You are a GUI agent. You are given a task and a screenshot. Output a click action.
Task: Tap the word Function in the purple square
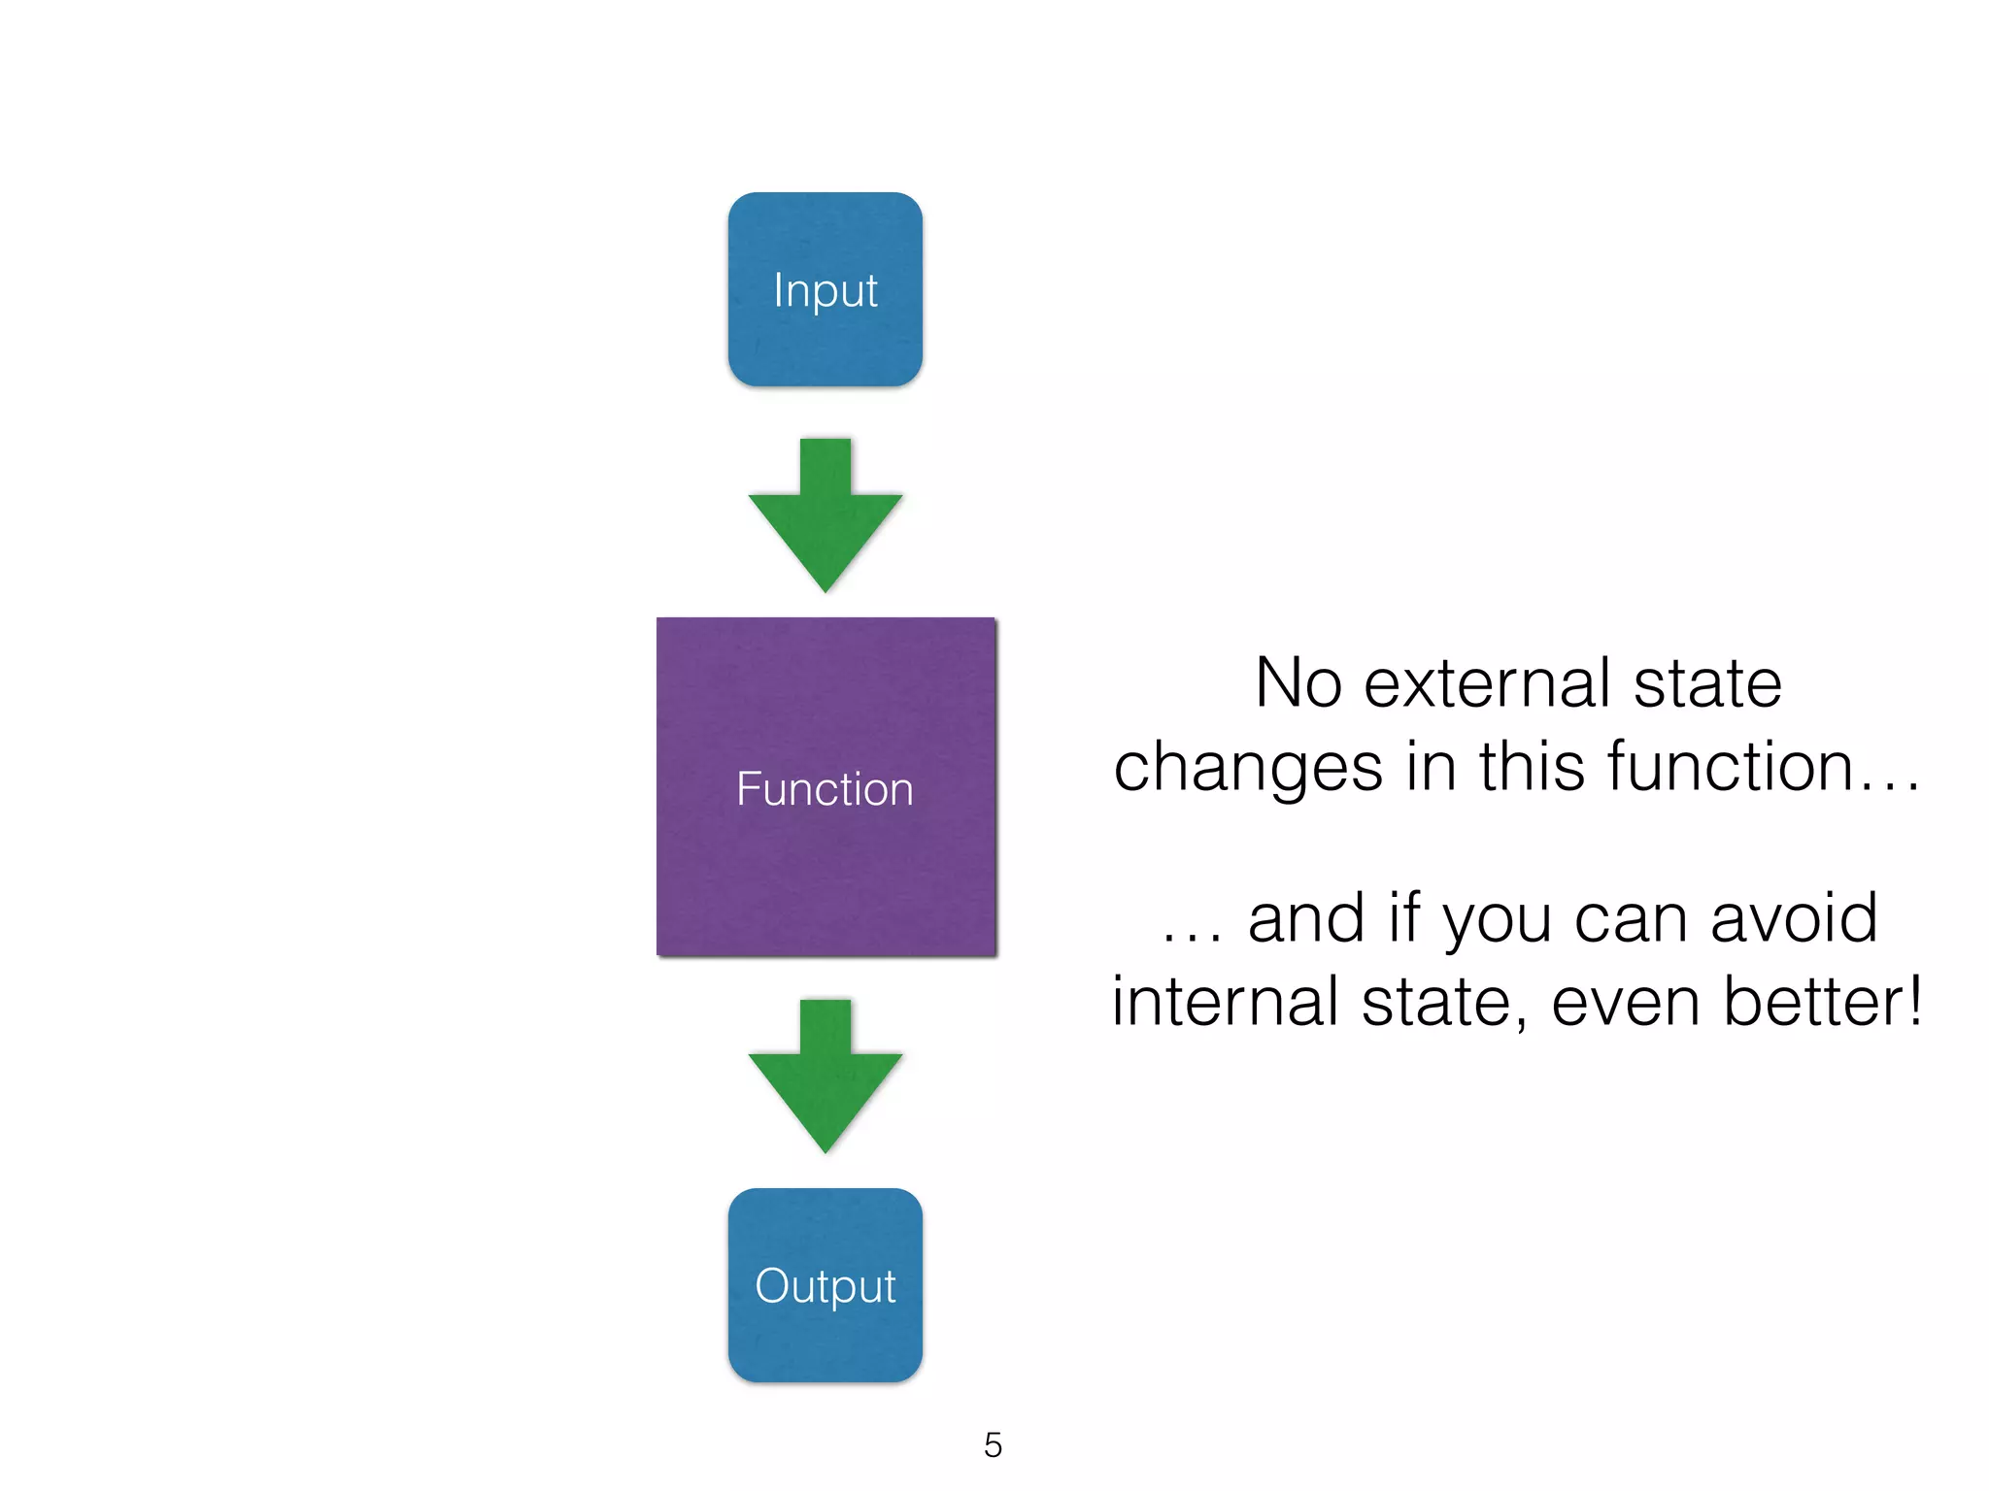click(x=825, y=788)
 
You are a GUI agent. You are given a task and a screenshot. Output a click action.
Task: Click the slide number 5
click(x=993, y=1445)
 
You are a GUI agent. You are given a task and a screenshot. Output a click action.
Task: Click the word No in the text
click(x=1298, y=683)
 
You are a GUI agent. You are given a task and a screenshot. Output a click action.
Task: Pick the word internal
click(x=1226, y=1002)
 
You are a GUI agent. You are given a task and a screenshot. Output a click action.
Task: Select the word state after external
click(x=1707, y=683)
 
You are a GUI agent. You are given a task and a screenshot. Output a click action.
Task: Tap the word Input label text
click(x=825, y=290)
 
